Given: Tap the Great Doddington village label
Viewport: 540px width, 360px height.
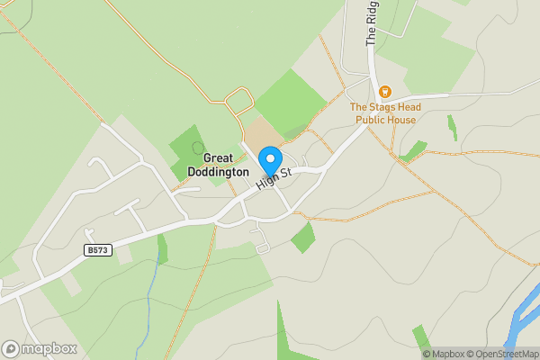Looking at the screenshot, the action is click(218, 165).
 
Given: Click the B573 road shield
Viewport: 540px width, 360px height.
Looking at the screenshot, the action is click(98, 249).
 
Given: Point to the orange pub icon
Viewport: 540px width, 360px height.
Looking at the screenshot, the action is click(385, 91).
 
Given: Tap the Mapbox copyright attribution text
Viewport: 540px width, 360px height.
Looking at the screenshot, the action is click(444, 354).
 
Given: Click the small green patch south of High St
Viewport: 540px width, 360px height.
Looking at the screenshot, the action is click(303, 238).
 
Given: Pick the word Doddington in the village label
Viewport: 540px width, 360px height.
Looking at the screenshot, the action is click(218, 171).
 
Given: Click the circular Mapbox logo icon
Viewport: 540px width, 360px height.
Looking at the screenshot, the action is click(11, 348).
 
